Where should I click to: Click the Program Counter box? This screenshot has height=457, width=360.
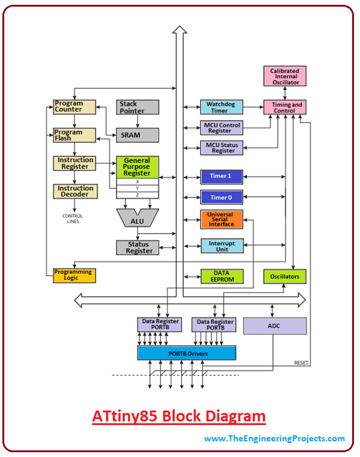(x=75, y=107)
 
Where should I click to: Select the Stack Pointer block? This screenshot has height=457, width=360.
(x=137, y=107)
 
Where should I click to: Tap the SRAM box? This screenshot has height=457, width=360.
(x=137, y=135)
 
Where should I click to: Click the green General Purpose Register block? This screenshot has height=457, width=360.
(x=137, y=166)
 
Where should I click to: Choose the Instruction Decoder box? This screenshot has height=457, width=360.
(x=75, y=192)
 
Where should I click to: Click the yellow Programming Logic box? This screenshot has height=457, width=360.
(x=74, y=275)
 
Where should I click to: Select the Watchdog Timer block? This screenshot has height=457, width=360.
(x=222, y=107)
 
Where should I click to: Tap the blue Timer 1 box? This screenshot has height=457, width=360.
(x=222, y=176)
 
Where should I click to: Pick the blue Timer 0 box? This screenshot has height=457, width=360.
(x=222, y=198)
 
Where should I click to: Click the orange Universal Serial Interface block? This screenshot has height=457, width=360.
(x=222, y=220)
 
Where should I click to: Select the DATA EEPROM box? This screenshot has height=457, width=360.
(x=222, y=276)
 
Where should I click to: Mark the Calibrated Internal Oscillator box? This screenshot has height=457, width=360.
(x=284, y=75)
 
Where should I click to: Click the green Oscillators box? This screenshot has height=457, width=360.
(x=285, y=276)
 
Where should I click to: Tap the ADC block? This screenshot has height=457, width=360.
(x=275, y=325)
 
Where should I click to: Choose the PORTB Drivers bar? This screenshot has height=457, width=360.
(x=187, y=353)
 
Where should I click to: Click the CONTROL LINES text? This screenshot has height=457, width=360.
(x=73, y=219)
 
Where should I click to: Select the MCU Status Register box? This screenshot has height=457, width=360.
(x=222, y=148)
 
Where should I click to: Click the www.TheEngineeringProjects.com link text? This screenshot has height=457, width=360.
(x=274, y=439)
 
